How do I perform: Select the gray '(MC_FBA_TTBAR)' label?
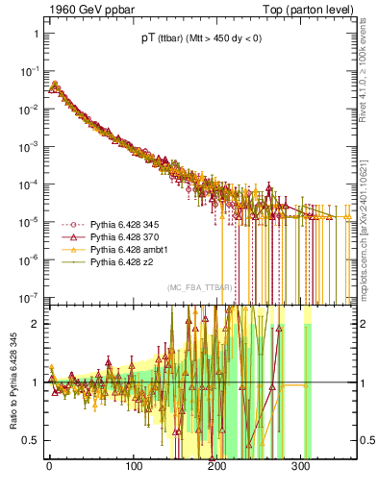coord(199,288)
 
